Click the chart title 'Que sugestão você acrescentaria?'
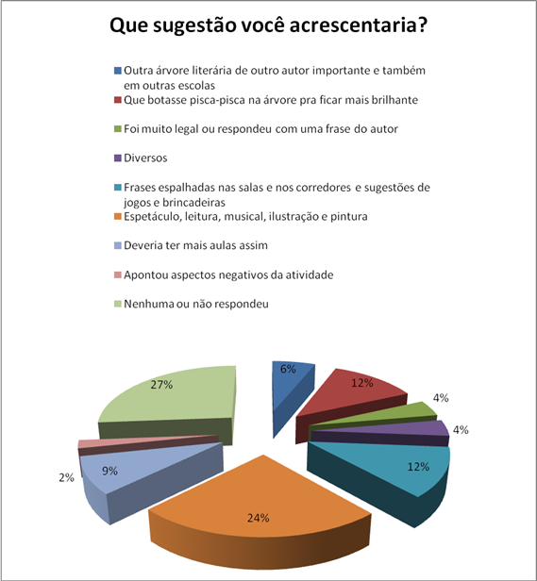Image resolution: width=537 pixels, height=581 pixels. coord(268,26)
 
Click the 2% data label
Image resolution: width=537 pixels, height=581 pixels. coord(66,478)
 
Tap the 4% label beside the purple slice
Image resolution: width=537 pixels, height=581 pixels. coord(461,430)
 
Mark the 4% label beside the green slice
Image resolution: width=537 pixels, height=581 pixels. coord(441,398)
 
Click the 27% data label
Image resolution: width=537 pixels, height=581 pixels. coord(161,385)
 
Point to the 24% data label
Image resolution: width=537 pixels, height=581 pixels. coord(258,518)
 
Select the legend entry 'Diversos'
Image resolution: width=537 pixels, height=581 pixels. coord(145,158)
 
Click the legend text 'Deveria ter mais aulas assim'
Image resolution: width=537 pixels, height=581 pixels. coord(195,245)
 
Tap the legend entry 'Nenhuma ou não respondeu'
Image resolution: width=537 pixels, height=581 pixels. coord(196,305)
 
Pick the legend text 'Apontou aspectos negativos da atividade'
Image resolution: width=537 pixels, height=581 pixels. coord(228,275)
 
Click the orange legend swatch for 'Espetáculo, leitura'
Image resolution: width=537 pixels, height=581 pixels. coord(118,216)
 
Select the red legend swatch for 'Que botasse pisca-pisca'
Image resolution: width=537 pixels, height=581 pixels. coord(118,100)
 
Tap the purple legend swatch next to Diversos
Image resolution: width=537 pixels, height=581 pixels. coord(118,158)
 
